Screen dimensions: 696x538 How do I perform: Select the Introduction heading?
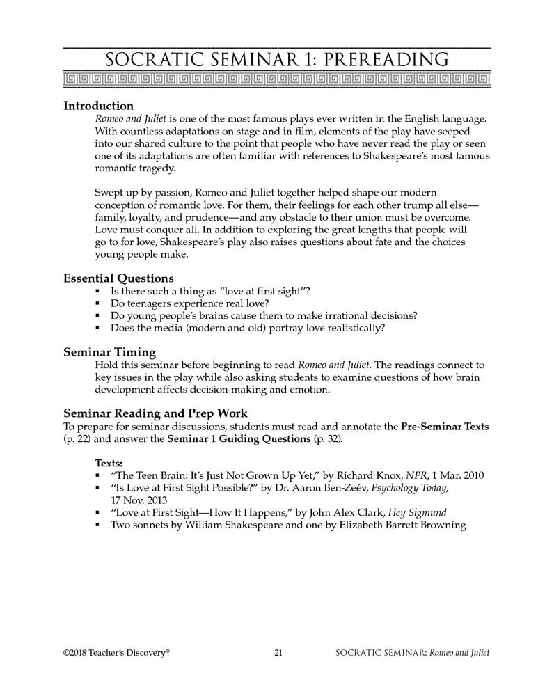(x=98, y=106)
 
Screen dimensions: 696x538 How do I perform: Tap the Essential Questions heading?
(x=119, y=278)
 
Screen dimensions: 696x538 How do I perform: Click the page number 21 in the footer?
(x=278, y=652)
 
